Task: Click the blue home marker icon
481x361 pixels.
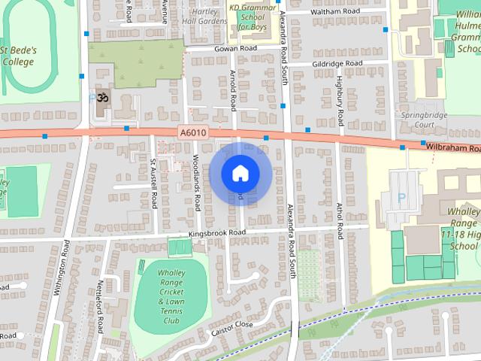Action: [x=240, y=174]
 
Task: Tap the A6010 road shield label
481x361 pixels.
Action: [x=193, y=132]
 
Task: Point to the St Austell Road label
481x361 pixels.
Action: [x=153, y=184]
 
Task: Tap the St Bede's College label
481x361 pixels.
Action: [x=17, y=56]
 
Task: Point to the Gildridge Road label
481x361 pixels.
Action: [x=337, y=63]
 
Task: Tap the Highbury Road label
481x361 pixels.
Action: [x=340, y=100]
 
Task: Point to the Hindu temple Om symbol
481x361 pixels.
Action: [x=104, y=99]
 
